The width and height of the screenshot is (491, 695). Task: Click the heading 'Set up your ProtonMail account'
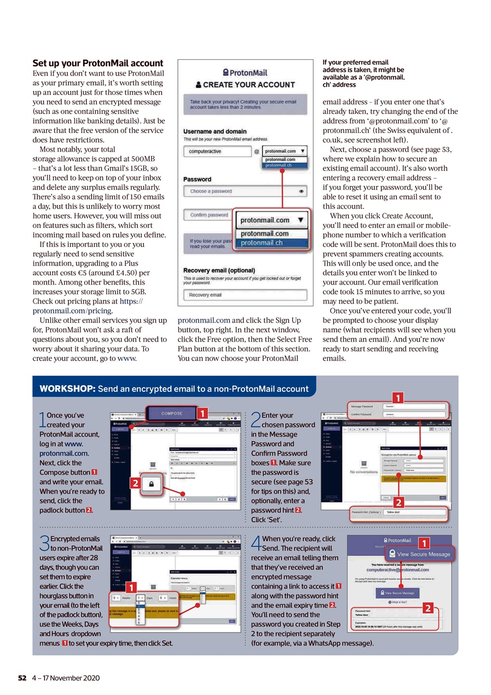[98, 64]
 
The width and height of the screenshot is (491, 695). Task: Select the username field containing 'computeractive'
[216, 151]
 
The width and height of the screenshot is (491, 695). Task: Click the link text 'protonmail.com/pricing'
[72, 311]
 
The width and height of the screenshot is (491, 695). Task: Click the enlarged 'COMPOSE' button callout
[171, 414]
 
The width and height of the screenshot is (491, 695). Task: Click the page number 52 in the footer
[22, 678]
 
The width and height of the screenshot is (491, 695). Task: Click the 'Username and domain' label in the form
[215, 131]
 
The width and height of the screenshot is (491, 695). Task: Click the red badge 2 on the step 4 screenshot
[430, 608]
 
